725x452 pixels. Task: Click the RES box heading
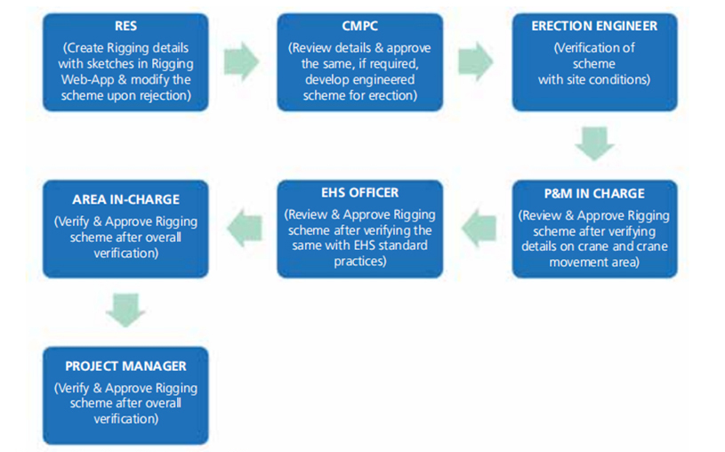click(x=125, y=27)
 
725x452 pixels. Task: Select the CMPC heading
click(x=359, y=27)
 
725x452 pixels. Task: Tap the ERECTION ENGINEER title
click(x=593, y=27)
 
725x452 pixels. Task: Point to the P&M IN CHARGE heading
click(x=593, y=193)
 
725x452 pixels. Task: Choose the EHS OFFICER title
click(x=359, y=193)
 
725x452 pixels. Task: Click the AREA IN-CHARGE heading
click(x=125, y=200)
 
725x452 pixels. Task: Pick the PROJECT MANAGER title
click(x=125, y=367)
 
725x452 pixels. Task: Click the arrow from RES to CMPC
click(x=242, y=61)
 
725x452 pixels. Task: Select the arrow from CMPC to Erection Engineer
click(x=476, y=61)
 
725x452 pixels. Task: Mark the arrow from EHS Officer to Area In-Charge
click(x=243, y=229)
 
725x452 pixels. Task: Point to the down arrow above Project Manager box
click(x=125, y=311)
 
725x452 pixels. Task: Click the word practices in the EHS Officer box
click(x=359, y=262)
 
